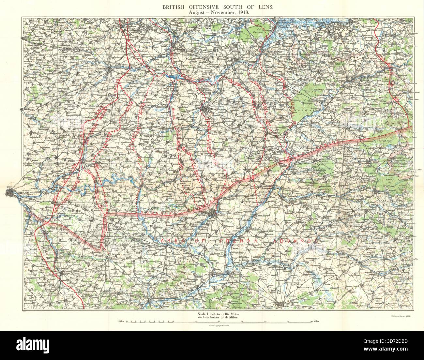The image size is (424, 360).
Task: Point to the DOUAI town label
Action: (166, 46)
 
